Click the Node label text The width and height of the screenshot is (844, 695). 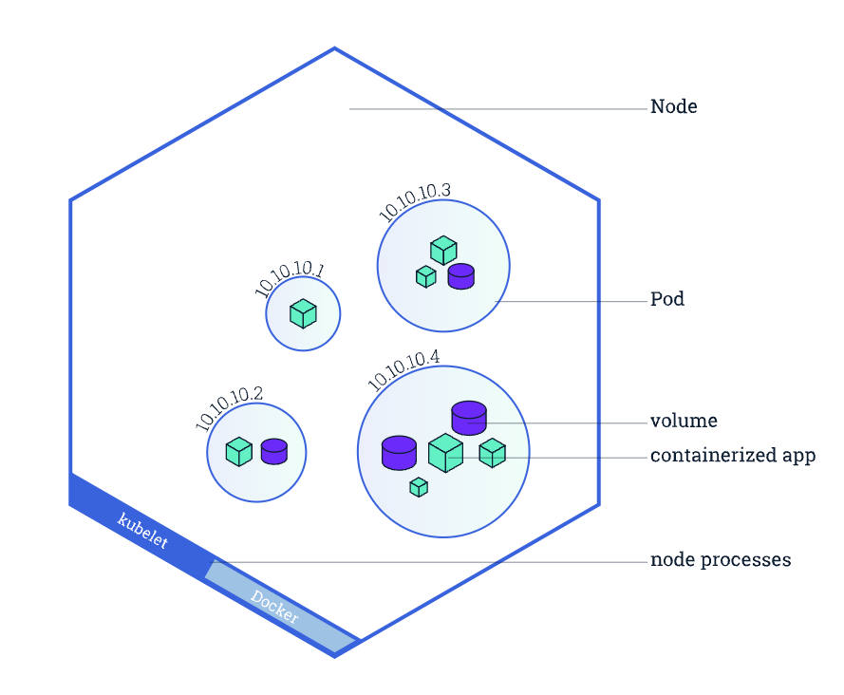tap(673, 107)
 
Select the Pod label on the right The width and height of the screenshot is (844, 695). tap(666, 300)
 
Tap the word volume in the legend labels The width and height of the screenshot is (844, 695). tap(683, 421)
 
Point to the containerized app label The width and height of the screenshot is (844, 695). tap(732, 456)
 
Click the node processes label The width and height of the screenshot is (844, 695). tap(720, 560)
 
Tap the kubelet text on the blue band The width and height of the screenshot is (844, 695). tap(142, 531)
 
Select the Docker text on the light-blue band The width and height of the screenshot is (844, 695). tap(274, 608)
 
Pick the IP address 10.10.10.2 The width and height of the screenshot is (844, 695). tap(230, 408)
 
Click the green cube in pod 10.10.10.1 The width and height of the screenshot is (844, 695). tap(303, 313)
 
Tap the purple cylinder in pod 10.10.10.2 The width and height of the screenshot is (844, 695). tap(274, 451)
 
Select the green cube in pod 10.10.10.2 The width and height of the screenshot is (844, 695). tap(238, 451)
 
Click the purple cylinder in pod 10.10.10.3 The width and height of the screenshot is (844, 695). tap(460, 275)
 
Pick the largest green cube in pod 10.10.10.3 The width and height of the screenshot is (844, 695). tap(443, 251)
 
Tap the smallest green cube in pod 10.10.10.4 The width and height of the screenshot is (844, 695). tap(419, 487)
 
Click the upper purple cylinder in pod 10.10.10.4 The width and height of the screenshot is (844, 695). tap(469, 417)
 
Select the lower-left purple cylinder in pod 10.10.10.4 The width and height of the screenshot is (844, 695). tap(399, 452)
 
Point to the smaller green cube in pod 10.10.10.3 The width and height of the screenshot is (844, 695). tap(426, 276)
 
